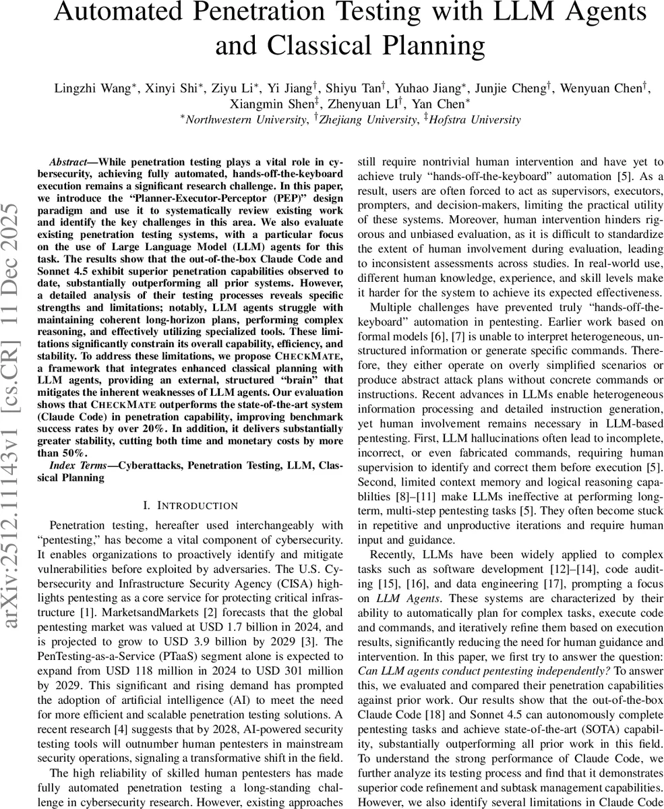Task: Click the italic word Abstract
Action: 73,162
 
